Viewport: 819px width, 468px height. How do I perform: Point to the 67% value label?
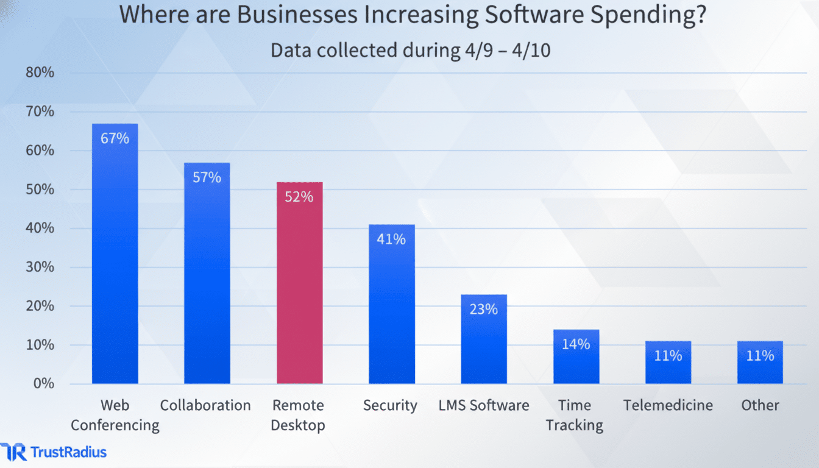tap(115, 138)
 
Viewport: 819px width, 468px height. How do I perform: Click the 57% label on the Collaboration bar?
tap(207, 177)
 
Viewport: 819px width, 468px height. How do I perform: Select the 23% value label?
tap(483, 309)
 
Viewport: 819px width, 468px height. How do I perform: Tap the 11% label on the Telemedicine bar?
tap(668, 355)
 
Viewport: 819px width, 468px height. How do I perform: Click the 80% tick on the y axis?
tap(40, 73)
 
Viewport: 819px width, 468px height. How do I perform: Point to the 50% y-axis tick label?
tap(40, 190)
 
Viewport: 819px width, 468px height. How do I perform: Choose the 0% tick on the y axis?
tap(44, 383)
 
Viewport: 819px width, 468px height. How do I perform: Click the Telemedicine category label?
tap(668, 405)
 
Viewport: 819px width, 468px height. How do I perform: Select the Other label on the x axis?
tap(760, 405)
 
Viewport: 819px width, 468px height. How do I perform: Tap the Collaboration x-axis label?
tap(205, 405)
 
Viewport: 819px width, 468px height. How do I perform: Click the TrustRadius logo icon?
tap(13, 452)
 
